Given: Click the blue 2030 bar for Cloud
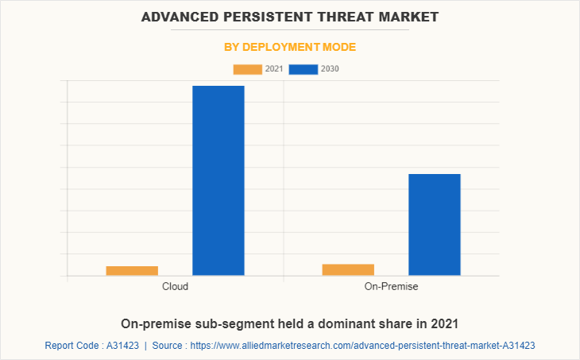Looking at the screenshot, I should coord(218,180).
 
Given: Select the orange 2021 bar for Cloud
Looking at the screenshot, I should coord(132,271).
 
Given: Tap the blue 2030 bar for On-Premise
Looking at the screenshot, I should coord(435,224).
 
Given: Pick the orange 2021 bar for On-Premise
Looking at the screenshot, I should coord(348,269).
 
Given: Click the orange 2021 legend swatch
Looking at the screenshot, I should coord(248,69).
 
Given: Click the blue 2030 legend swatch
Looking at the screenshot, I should coord(304,69).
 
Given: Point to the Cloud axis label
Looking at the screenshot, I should coord(175,286).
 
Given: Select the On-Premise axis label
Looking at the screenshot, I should coord(391,286).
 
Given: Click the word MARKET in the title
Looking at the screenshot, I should coord(409,16).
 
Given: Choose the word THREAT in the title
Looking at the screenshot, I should coord(347,16).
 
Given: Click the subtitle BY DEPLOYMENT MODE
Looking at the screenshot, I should coord(290,47).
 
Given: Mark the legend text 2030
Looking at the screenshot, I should coord(330,69).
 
